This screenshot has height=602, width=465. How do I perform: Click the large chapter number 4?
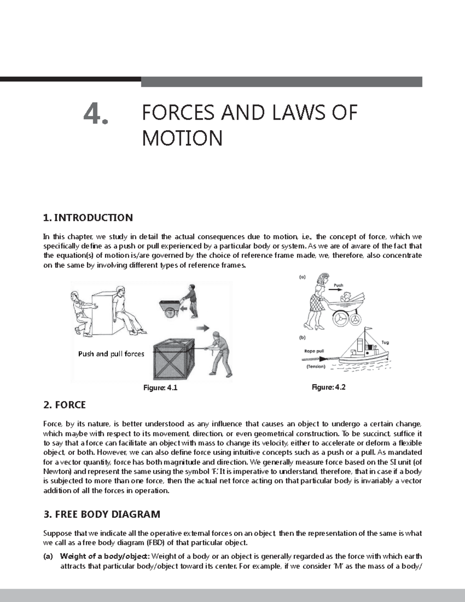pos(96,115)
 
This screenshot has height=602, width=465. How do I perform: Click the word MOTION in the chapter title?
pos(182,138)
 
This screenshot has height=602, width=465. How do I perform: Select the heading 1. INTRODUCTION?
pos(88,217)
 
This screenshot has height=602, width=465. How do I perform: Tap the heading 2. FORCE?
pos(64,405)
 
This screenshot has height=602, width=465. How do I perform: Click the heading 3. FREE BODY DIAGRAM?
pos(102,514)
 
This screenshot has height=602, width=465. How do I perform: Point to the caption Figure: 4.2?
pos(329,387)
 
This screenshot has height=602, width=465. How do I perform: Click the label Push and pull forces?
pos(111,354)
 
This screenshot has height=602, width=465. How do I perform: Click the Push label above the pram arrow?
pos(338,285)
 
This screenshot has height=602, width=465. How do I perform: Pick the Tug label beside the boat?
pos(385,342)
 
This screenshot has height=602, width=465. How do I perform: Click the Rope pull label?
pos(314,351)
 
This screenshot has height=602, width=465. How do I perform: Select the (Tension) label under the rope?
pos(315,366)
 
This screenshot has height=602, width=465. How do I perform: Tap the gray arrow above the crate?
pos(202,328)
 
